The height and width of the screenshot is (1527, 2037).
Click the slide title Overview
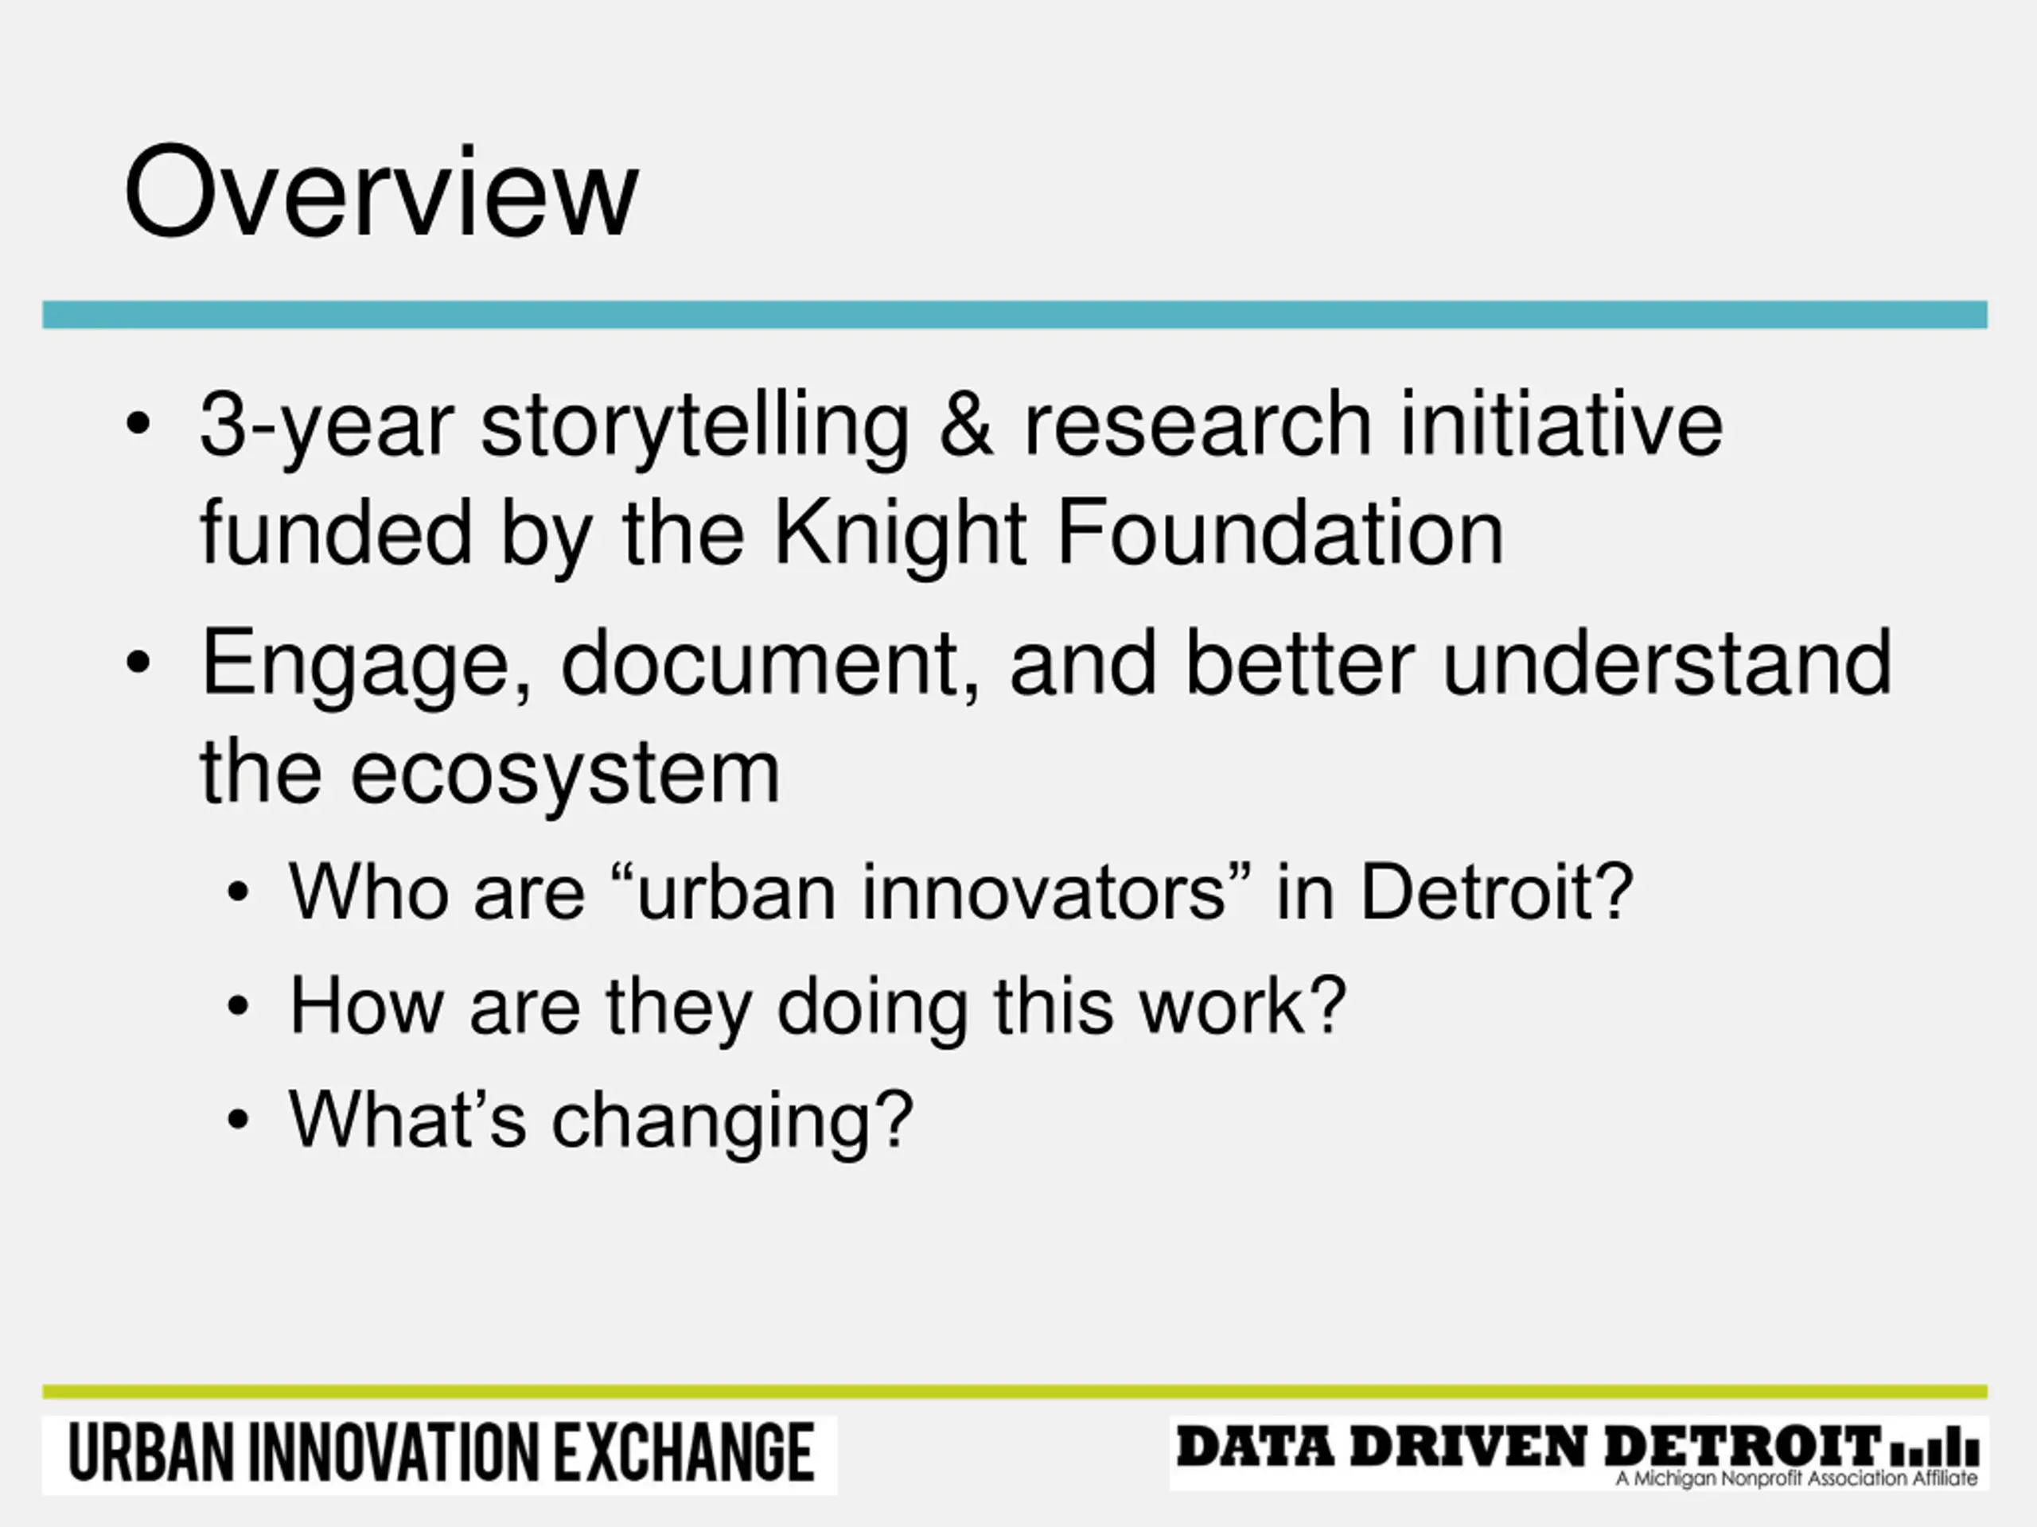click(380, 192)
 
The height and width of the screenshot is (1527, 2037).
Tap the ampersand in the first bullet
click(967, 425)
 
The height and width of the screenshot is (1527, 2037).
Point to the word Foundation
click(1280, 533)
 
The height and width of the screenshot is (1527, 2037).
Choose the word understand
click(1667, 662)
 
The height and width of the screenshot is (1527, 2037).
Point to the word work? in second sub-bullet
click(1243, 1006)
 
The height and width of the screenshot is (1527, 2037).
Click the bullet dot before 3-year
click(138, 425)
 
